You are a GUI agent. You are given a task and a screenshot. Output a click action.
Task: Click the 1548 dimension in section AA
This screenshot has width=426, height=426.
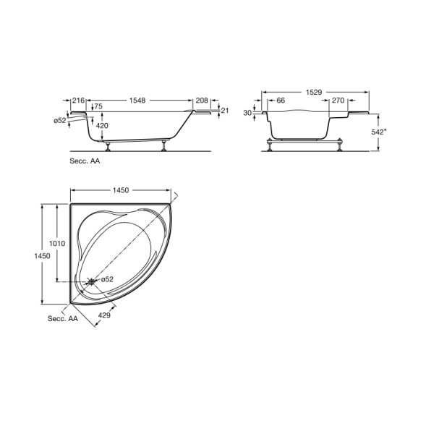[137, 101]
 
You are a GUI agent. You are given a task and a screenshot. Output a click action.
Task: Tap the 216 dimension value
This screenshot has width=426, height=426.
[79, 101]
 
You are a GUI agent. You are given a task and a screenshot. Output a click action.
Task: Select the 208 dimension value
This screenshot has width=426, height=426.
[202, 101]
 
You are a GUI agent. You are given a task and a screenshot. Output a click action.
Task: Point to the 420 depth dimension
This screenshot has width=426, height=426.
[102, 126]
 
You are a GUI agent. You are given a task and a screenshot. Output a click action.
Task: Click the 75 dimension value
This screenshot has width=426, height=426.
[98, 106]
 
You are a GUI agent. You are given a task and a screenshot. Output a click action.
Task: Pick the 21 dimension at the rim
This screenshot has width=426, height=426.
[225, 111]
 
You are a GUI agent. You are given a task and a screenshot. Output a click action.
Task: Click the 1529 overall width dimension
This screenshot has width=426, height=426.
[314, 93]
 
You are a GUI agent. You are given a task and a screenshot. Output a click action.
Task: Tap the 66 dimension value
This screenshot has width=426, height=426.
[281, 101]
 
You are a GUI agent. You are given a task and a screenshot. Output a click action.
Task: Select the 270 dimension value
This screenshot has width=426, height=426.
[338, 101]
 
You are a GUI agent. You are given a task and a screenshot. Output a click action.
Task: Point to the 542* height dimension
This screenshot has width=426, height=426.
[379, 132]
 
